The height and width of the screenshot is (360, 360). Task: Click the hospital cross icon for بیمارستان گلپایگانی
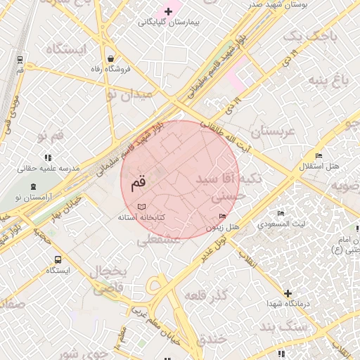[168, 11]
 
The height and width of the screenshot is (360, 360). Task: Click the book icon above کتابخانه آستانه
[143, 207]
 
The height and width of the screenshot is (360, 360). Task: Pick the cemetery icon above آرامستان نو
[33, 187]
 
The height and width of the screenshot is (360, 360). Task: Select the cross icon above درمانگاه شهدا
[287, 292]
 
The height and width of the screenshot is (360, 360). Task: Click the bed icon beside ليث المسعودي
[281, 213]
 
